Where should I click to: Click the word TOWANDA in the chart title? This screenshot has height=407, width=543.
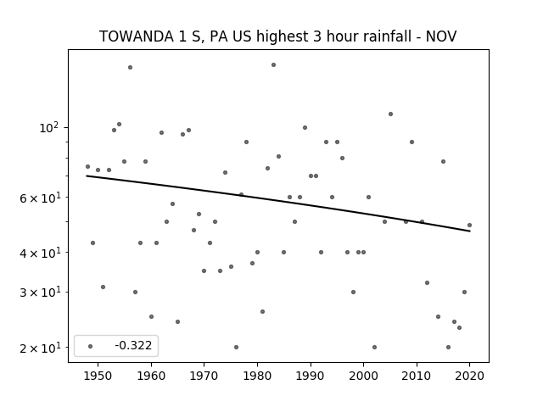[x=137, y=36]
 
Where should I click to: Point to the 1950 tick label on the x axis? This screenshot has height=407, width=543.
[x=98, y=376]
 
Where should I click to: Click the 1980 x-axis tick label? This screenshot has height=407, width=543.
[x=257, y=376]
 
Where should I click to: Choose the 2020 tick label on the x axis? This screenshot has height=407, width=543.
[x=469, y=376]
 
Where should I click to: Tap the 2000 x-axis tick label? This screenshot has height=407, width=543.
[x=363, y=376]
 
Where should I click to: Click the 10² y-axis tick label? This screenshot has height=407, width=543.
[x=49, y=128]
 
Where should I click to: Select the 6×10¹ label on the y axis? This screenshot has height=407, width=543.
[x=40, y=198]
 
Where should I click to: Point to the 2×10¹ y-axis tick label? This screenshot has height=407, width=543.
[x=40, y=348]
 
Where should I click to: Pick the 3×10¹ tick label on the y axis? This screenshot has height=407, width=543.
[x=40, y=293]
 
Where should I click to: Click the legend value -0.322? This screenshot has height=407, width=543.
[x=133, y=345]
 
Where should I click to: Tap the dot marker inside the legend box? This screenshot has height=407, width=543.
[x=90, y=346]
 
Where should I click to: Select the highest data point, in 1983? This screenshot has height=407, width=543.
[x=273, y=64]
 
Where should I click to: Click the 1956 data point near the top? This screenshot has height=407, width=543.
[x=130, y=68]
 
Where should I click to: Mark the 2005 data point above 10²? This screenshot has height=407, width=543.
[x=390, y=114]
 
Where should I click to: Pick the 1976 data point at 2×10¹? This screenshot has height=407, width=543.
[x=236, y=347]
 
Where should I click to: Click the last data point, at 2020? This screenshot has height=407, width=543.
[x=469, y=225]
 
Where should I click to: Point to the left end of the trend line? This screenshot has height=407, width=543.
[x=87, y=176]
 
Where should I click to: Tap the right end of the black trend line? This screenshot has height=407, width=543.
[x=470, y=231]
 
